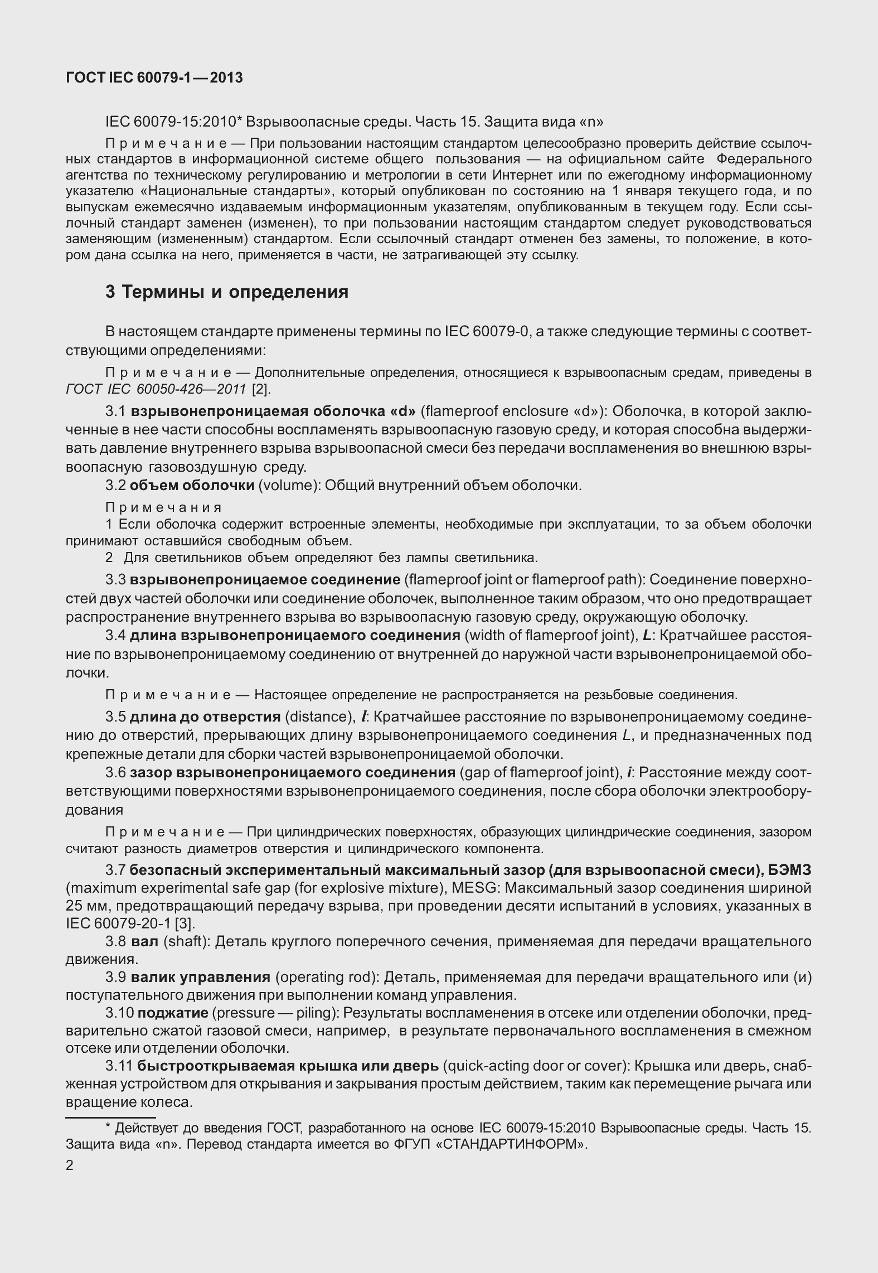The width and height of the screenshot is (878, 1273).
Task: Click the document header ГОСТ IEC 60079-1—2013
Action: pyautogui.click(x=154, y=78)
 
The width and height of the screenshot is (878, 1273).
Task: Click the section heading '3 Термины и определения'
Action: pyautogui.click(x=227, y=292)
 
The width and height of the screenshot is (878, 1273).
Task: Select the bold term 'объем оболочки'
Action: pyautogui.click(x=192, y=485)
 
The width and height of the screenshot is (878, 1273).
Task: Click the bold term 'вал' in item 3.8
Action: pyautogui.click(x=145, y=942)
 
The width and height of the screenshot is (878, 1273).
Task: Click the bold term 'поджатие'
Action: pyautogui.click(x=173, y=1012)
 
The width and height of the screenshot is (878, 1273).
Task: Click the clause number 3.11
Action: pyautogui.click(x=119, y=1066)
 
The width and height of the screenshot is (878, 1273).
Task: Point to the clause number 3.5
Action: pyautogui.click(x=115, y=717)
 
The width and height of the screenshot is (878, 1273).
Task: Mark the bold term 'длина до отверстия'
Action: pyautogui.click(x=205, y=717)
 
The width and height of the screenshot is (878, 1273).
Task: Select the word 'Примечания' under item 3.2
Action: pyautogui.click(x=164, y=507)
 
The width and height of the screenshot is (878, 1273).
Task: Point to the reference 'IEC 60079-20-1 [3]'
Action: pyautogui.click(x=130, y=923)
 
